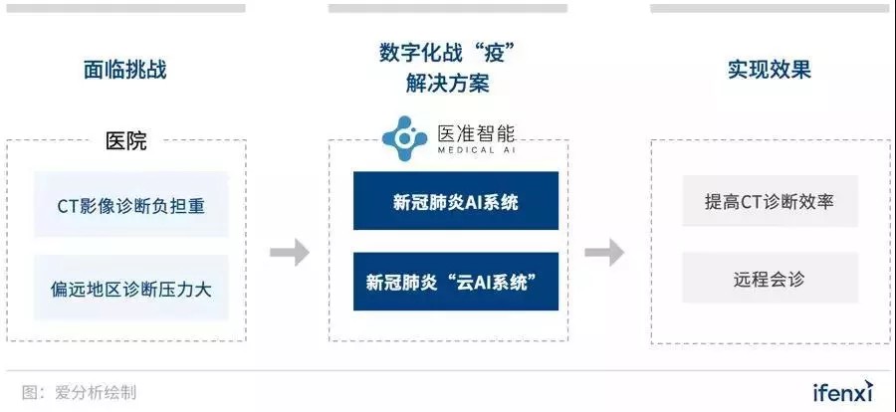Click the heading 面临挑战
pyautogui.click(x=125, y=70)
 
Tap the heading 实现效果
pyautogui.click(x=770, y=70)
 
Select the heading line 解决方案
pyautogui.click(x=447, y=84)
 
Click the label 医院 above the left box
pyautogui.click(x=126, y=141)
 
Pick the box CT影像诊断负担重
pyautogui.click(x=130, y=205)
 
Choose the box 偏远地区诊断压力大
pyautogui.click(x=130, y=288)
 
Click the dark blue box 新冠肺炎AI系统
pyautogui.click(x=455, y=201)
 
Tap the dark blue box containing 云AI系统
pyautogui.click(x=455, y=282)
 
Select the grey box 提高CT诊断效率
pyautogui.click(x=770, y=201)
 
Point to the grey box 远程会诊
pyautogui.click(x=770, y=278)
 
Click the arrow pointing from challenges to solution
pyautogui.click(x=289, y=252)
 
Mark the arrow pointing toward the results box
pyautogui.click(x=604, y=252)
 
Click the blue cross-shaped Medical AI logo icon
pyautogui.click(x=404, y=138)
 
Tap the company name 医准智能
pyautogui.click(x=476, y=133)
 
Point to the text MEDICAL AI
pyautogui.click(x=476, y=150)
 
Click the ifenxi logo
pyautogui.click(x=843, y=391)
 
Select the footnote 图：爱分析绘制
pyautogui.click(x=79, y=392)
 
